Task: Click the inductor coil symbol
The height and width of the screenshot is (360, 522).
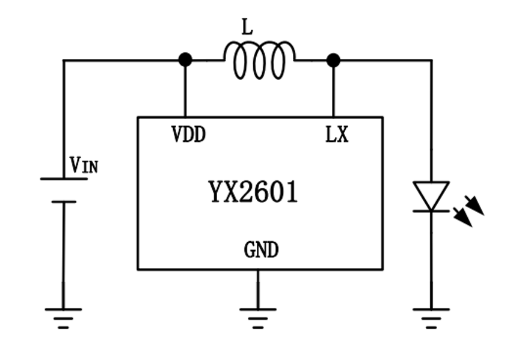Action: click(259, 60)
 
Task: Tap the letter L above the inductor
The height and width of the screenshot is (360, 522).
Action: click(247, 27)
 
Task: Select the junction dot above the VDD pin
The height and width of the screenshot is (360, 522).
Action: click(185, 59)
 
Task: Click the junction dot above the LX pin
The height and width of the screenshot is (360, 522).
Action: click(333, 59)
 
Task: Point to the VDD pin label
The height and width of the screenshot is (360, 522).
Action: click(188, 135)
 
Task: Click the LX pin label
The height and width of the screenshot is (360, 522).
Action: click(336, 135)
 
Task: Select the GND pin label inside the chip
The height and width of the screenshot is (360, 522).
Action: click(261, 249)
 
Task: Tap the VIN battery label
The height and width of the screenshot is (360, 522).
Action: click(84, 165)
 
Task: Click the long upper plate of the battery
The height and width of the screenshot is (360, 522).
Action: click(63, 178)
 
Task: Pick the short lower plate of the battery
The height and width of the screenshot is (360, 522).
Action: click(63, 202)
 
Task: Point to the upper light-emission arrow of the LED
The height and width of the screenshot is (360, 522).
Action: click(474, 205)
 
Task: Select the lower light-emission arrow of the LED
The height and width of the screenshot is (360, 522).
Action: click(463, 218)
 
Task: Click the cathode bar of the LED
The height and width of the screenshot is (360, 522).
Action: click(431, 211)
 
